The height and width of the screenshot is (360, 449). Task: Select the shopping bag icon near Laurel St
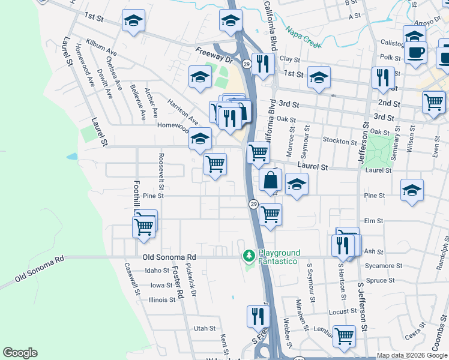[271, 180]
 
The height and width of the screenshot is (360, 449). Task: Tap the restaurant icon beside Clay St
[263, 64]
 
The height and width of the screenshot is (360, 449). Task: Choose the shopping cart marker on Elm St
[271, 214]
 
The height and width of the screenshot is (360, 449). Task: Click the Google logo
[20, 353]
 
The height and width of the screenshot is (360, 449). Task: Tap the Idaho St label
[158, 271]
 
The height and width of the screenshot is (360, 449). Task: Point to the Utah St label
[204, 328]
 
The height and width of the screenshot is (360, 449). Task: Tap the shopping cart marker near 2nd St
[433, 102]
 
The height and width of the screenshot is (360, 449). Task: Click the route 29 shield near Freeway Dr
[246, 63]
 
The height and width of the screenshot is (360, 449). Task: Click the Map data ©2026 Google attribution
[412, 355]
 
